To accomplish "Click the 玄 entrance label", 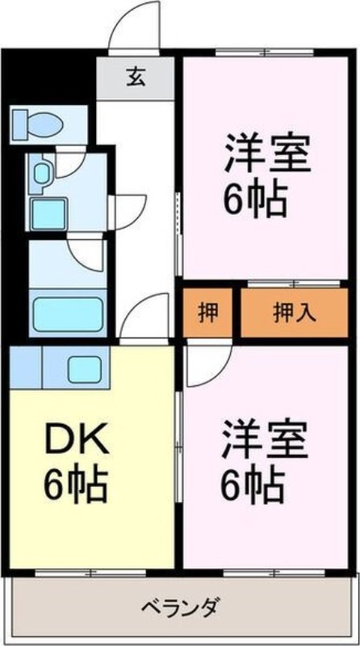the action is pos(136,77).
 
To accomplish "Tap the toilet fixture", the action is pos(38,123).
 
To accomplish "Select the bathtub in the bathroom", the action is pos(68,314).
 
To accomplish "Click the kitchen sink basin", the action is pos(85,369).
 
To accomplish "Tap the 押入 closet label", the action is pos(295,313).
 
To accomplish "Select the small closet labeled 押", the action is pos(208,313).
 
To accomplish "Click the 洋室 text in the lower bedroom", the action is pos(266,439).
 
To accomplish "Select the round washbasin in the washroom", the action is pos(41,173).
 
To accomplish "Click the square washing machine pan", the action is pos(49,213).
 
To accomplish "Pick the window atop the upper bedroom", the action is pos(265,52).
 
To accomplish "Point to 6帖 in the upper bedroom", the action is pos(255,200).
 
